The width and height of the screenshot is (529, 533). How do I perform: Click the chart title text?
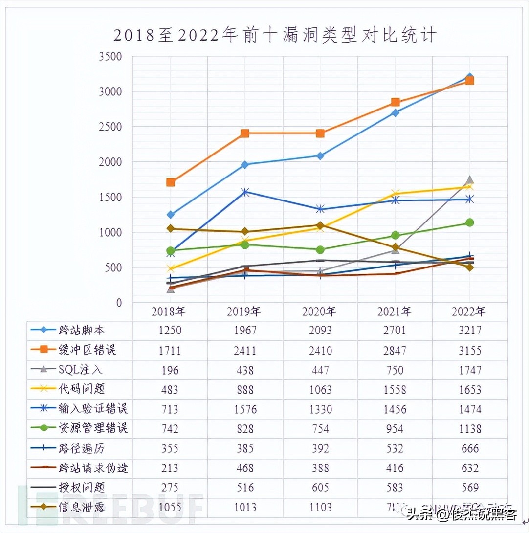(x=274, y=36)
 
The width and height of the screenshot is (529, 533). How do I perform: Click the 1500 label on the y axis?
(x=111, y=197)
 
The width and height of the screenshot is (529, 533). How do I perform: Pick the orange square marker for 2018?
(x=170, y=182)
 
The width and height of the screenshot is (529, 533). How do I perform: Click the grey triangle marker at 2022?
(x=470, y=180)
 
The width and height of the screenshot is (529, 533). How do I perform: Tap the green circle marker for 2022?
(x=470, y=222)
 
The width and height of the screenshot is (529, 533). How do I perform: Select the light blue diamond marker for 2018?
(x=170, y=215)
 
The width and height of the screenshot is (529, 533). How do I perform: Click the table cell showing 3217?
(x=470, y=331)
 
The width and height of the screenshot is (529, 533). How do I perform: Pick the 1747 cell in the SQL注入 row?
(x=470, y=370)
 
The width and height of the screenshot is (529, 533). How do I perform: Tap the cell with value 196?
(x=170, y=370)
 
